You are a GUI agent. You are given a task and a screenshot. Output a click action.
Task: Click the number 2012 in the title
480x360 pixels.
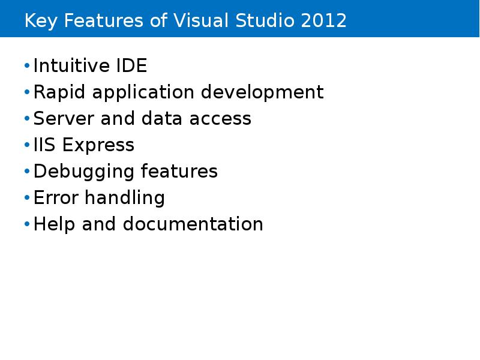[325, 21]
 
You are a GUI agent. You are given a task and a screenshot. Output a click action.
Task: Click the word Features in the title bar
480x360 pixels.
[103, 21]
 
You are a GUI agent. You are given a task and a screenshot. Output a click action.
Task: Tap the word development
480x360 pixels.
[262, 92]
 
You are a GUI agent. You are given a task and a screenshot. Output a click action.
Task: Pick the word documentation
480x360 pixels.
[193, 224]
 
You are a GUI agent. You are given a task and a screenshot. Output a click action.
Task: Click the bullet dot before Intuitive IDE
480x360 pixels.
[27, 66]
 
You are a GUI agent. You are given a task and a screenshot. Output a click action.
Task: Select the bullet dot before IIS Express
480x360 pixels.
[27, 145]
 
